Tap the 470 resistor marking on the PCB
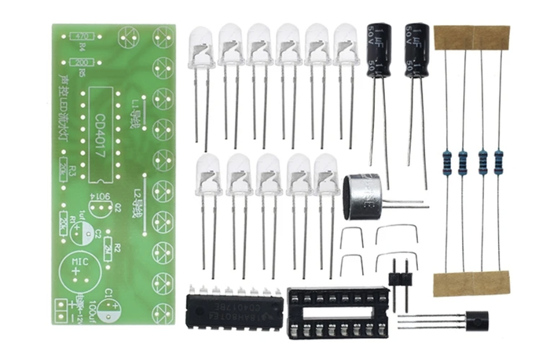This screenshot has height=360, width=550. pyautogui.click(x=78, y=36)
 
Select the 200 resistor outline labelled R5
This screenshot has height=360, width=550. pyautogui.click(x=78, y=61)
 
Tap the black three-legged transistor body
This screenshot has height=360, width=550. pyautogui.click(x=475, y=321)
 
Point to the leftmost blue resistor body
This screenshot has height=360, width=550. pyautogui.click(x=445, y=163)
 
